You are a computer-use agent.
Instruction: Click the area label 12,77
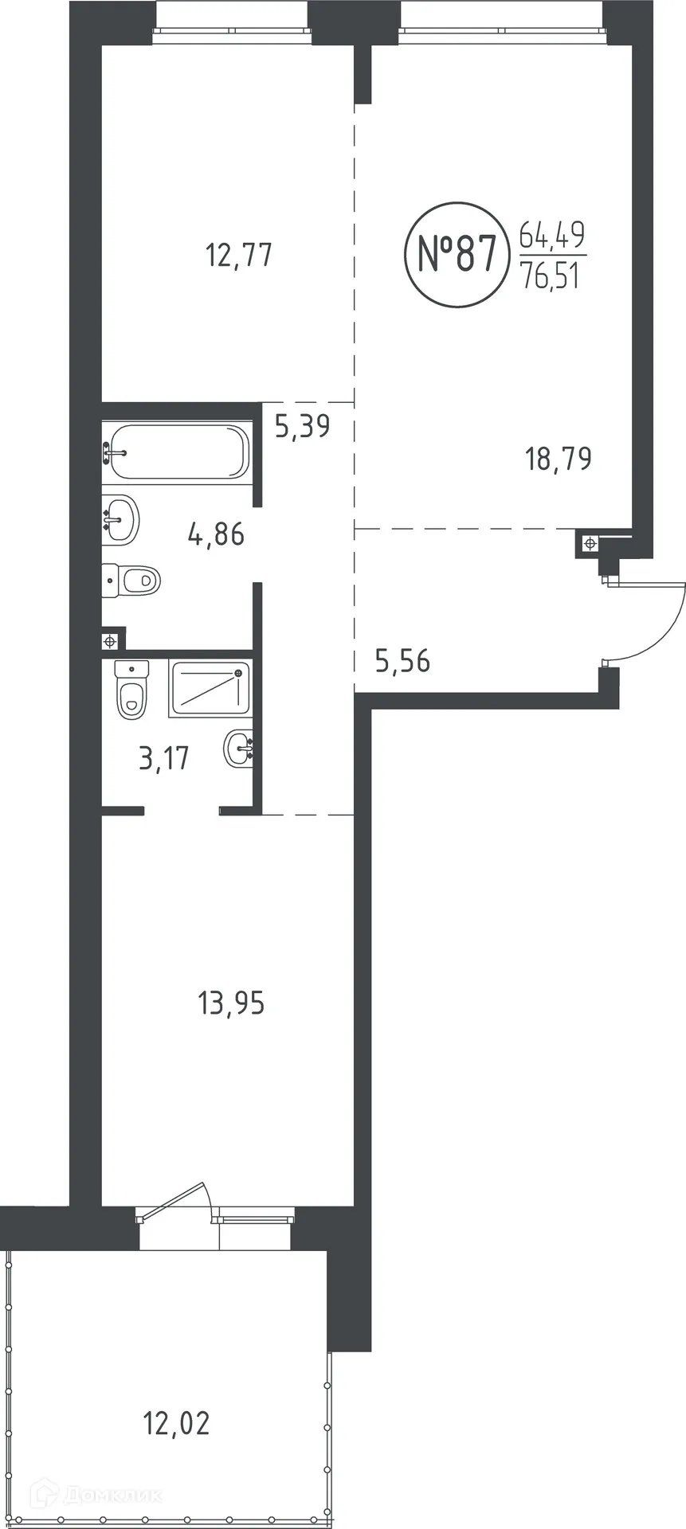239,256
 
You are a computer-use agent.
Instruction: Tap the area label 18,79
559,459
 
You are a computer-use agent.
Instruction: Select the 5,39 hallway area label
302,427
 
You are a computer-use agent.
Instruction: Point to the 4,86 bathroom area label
216,534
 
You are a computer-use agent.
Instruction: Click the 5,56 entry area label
403,660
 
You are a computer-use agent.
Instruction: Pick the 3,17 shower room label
164,758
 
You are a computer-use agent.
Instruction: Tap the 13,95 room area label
231,1003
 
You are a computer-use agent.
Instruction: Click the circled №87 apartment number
457,254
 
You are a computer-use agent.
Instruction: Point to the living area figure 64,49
551,235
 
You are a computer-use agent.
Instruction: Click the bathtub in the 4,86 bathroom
178,452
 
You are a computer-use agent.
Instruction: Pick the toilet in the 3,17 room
131,688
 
